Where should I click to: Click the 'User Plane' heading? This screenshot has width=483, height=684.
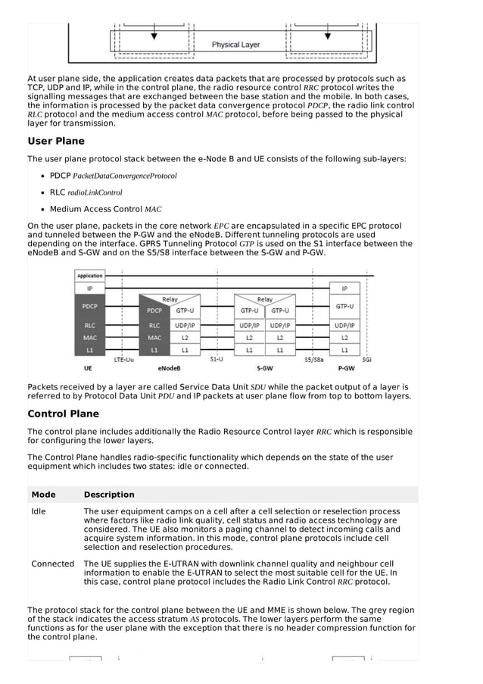(56, 141)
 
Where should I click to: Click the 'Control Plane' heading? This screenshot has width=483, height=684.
(63, 414)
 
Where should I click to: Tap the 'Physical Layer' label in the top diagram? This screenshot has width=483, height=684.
(235, 45)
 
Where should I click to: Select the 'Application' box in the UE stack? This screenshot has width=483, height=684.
(89, 276)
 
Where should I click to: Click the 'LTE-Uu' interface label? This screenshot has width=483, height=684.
(124, 360)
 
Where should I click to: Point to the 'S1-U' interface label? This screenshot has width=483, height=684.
(217, 360)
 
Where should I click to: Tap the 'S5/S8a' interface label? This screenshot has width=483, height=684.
(313, 360)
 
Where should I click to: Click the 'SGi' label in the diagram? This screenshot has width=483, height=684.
(366, 360)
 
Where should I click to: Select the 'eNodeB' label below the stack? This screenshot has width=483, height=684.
(168, 369)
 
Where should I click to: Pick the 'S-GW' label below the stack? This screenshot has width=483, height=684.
(264, 369)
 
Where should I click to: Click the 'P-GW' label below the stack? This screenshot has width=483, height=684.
(344, 369)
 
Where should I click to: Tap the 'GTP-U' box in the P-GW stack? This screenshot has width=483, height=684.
(344, 306)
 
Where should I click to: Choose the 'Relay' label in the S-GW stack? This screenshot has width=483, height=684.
(264, 299)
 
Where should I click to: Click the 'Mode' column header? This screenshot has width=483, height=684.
(43, 495)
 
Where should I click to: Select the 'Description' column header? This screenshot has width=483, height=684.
(109, 495)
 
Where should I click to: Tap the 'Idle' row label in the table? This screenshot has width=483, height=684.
(39, 511)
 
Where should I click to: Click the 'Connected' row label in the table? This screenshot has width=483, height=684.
(52, 564)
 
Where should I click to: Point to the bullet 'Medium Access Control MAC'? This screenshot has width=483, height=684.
(106, 209)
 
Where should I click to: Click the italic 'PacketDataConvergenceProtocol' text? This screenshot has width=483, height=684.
(125, 176)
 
